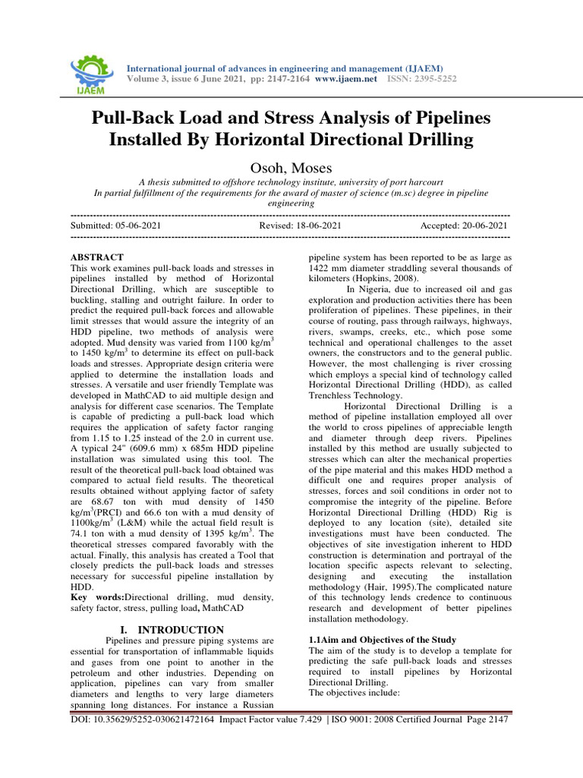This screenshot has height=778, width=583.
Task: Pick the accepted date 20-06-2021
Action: pyautogui.click(x=477, y=226)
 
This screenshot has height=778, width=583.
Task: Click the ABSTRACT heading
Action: pyautogui.click(x=96, y=258)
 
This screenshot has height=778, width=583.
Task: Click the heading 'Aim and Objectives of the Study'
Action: pyautogui.click(x=398, y=640)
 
